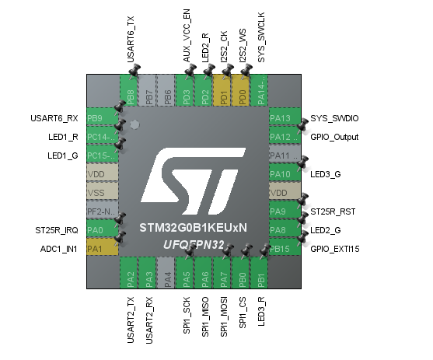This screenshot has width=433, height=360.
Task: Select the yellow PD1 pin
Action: point(224,91)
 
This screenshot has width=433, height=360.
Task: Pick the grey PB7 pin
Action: point(149,91)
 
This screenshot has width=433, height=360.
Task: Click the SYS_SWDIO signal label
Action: point(334,119)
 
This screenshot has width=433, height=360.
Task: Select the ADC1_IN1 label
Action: point(58,249)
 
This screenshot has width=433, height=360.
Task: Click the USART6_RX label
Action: point(54,119)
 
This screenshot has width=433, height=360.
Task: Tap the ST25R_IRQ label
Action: point(57,231)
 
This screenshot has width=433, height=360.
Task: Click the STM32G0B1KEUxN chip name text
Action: point(193,229)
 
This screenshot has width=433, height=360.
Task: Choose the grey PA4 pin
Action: point(168,275)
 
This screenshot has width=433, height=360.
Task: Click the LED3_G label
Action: point(325,174)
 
